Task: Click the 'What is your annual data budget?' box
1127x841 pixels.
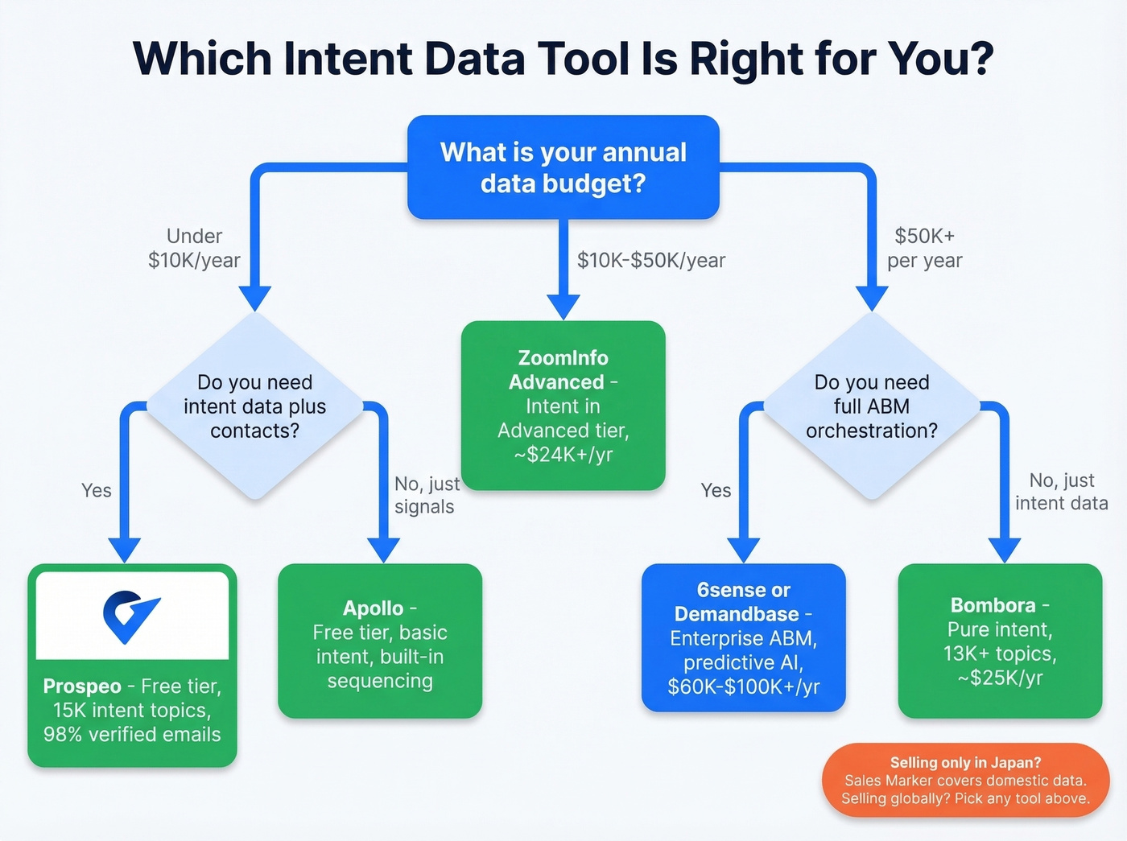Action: pyautogui.click(x=563, y=167)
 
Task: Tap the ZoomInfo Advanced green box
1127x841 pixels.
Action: pyautogui.click(x=563, y=406)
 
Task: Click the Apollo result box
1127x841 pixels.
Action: pyautogui.click(x=379, y=641)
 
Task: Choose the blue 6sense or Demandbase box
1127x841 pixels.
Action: pyautogui.click(x=743, y=638)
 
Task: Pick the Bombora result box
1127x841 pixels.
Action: pyautogui.click(x=999, y=641)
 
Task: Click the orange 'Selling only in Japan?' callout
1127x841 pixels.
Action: pyautogui.click(x=965, y=780)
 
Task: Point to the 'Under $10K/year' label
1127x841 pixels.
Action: pyautogui.click(x=194, y=248)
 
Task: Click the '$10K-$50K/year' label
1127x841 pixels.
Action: pyautogui.click(x=651, y=261)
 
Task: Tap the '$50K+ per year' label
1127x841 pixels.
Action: pyautogui.click(x=924, y=248)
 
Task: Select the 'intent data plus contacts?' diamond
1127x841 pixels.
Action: pyautogui.click(x=254, y=406)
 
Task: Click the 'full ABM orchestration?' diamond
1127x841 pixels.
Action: pyautogui.click(x=871, y=406)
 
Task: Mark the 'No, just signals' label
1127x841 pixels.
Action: pyautogui.click(x=426, y=495)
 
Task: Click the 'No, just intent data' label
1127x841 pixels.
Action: pyautogui.click(x=1061, y=492)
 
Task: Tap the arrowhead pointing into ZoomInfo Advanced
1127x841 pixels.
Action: pyautogui.click(x=563, y=307)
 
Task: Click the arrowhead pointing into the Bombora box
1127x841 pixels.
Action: pyautogui.click(x=1004, y=550)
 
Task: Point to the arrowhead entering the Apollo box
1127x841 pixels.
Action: pyautogui.click(x=383, y=550)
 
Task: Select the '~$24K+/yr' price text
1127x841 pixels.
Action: pyautogui.click(x=563, y=455)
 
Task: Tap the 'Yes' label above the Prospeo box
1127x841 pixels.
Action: pyautogui.click(x=96, y=490)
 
